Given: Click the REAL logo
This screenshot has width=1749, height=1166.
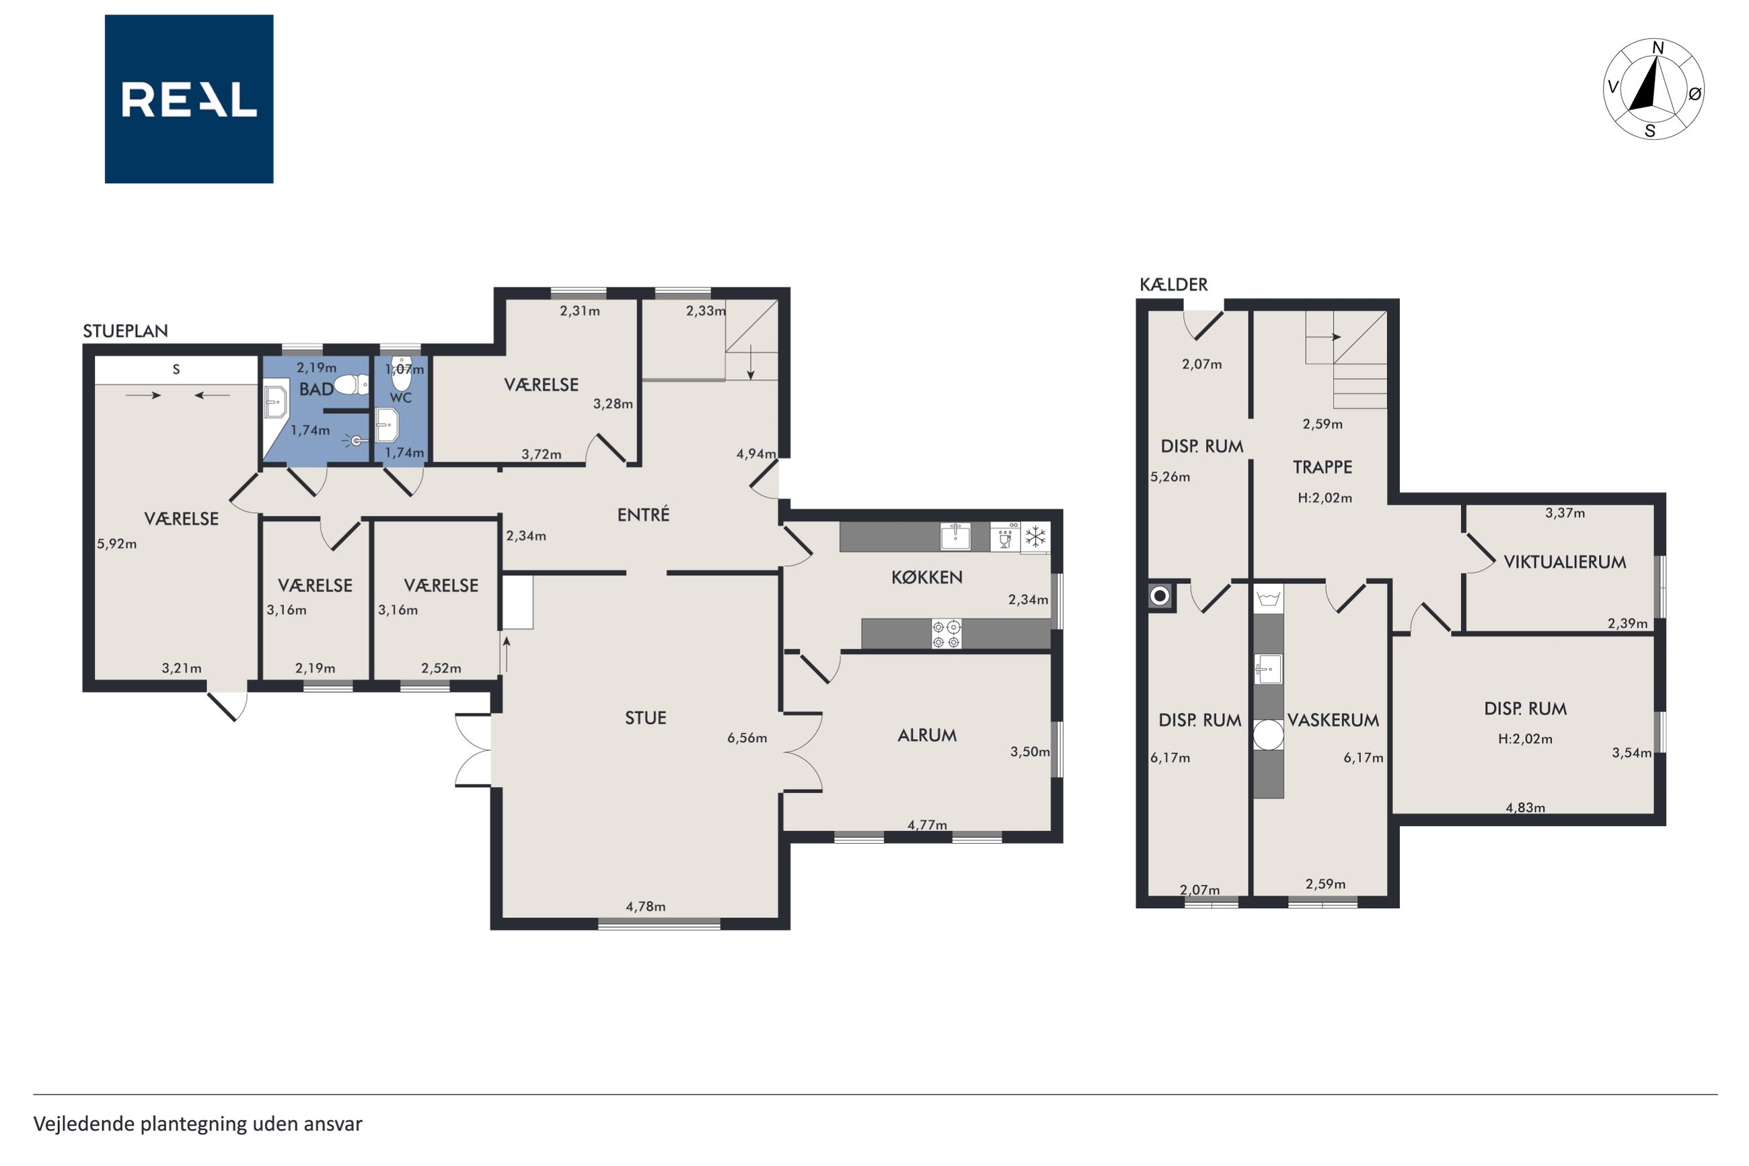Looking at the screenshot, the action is coord(189,99).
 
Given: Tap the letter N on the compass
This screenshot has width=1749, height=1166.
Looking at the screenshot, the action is coord(1658,48).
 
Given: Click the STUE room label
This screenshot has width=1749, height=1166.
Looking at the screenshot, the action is coord(645,718).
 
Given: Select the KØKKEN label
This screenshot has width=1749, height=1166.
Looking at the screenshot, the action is coord(927,577).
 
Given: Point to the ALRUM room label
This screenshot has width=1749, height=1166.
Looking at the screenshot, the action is coord(927,735).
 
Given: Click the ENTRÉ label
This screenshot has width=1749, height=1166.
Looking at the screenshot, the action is coord(644,514).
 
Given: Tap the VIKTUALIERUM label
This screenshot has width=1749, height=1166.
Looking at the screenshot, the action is coord(1565,562).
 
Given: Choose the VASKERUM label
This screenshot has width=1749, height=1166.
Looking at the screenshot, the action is coord(1333,720).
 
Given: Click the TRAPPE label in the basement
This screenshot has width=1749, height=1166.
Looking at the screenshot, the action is coord(1323,467).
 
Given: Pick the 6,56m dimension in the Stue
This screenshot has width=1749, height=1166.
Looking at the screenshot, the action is coord(747,737).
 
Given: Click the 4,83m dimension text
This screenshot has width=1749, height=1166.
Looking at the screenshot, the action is coord(1525,807).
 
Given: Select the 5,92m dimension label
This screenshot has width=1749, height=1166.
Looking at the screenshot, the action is coord(116,544).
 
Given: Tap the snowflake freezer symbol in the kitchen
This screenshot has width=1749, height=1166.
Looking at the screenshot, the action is coord(1035,537).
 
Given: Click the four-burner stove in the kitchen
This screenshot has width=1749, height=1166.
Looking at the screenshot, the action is coord(946,634).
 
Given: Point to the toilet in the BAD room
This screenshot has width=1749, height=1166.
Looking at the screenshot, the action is coord(351,384).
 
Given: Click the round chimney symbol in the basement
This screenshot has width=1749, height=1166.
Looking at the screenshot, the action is coord(1160,595).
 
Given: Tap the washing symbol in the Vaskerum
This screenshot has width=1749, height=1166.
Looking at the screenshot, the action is coord(1269,599).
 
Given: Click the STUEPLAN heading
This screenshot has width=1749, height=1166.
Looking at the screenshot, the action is coord(125,331).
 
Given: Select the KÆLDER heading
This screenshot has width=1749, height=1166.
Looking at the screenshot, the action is coord(1174,284).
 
